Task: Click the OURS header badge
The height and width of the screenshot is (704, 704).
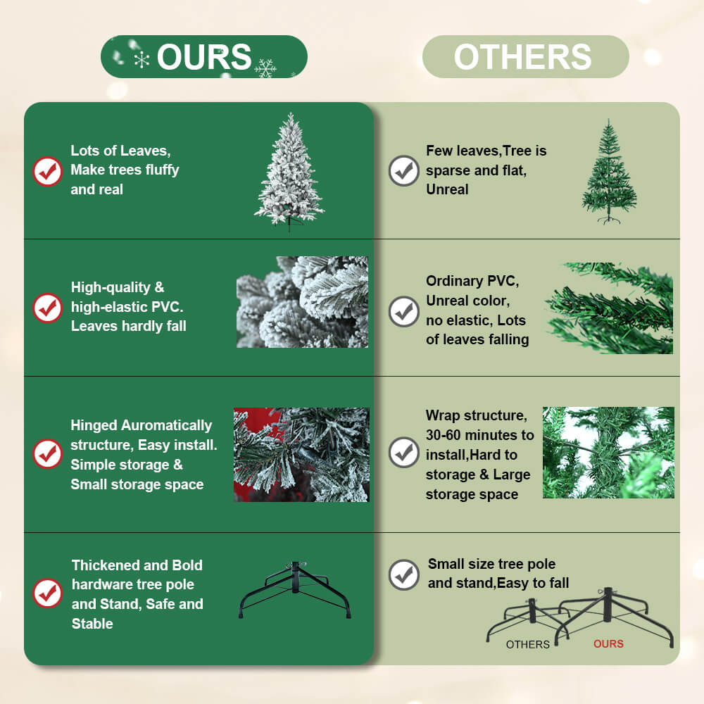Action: coord(204,56)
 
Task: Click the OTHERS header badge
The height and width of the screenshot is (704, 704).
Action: coord(525,56)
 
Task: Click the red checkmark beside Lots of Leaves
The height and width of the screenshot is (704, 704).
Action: coord(47,171)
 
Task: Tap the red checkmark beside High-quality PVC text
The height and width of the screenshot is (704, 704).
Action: coord(47,308)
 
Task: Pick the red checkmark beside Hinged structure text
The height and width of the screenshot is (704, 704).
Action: coord(47,454)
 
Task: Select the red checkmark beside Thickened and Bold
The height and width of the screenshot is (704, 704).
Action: coord(47,593)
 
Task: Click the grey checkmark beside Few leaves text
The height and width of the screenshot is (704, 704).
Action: coord(403,170)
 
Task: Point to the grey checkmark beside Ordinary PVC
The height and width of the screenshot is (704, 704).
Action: coord(403,311)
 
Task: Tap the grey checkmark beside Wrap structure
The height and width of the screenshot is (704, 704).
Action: coord(403,453)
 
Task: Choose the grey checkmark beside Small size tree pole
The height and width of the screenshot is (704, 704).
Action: coord(403,574)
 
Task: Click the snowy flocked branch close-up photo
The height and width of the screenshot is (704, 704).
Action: coord(302,302)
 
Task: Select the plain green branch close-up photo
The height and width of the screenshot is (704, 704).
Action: coord(609,308)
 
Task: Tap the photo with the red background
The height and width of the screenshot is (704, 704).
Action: coord(301,454)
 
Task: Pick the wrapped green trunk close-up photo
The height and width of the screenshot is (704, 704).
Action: coord(608,453)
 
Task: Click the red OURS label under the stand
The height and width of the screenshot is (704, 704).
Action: coord(608,644)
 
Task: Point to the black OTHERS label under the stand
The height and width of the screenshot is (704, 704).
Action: coord(527,645)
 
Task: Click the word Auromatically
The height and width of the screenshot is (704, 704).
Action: coord(167,425)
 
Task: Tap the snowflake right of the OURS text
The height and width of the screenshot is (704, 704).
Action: coord(265,68)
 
